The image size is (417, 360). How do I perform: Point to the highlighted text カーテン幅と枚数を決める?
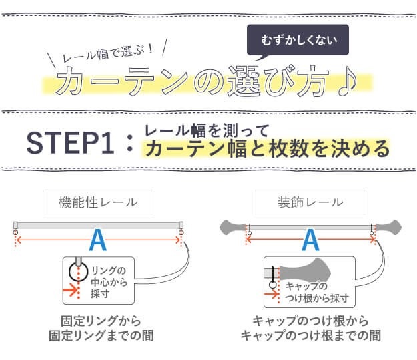click(x=266, y=148)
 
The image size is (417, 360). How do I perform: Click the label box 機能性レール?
click(x=99, y=202)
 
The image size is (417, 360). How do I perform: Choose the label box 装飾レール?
click(x=310, y=202)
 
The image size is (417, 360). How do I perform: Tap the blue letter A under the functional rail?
click(x=98, y=240)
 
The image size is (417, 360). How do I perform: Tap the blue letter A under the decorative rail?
click(x=310, y=240)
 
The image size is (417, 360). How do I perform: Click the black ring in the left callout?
click(x=78, y=271)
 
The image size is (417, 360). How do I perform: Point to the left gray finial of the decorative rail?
click(x=233, y=228)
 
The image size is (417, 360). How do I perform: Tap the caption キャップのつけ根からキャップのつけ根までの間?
click(x=310, y=327)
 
